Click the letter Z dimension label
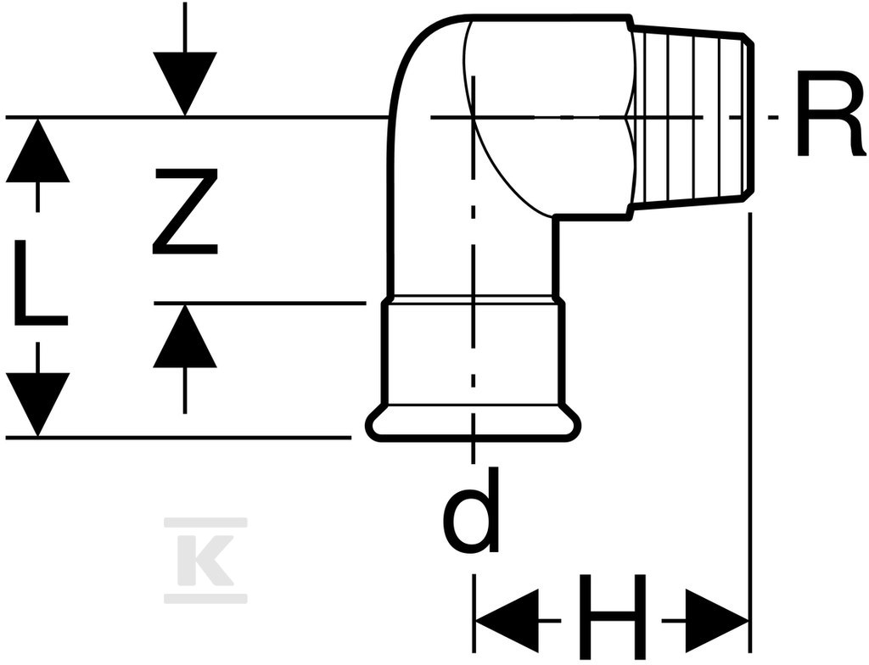pyautogui.click(x=185, y=211)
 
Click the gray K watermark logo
pyautogui.click(x=206, y=561)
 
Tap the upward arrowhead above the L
pyautogui.click(x=37, y=150)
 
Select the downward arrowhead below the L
pyautogui.click(x=37, y=405)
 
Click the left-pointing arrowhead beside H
pyautogui.click(x=507, y=621)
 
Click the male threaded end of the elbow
pyautogui.click(x=691, y=117)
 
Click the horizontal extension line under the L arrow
pyautogui.click(x=178, y=437)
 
